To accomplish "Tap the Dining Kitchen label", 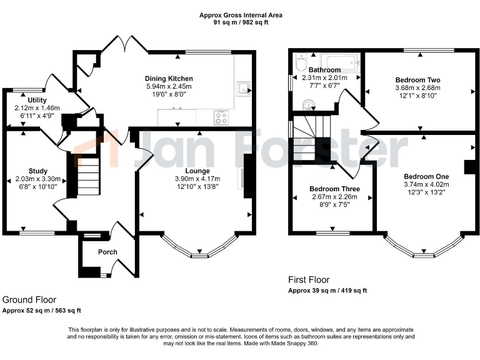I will (x=169, y=78).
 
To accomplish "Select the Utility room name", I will (x=28, y=99).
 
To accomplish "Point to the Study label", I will (x=37, y=171).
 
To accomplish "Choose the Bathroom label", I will (x=325, y=69).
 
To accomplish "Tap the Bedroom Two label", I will (x=417, y=80).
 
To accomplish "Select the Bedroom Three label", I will (x=332, y=189).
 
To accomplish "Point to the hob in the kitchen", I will (x=221, y=116).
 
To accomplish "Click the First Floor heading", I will (x=309, y=280).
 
